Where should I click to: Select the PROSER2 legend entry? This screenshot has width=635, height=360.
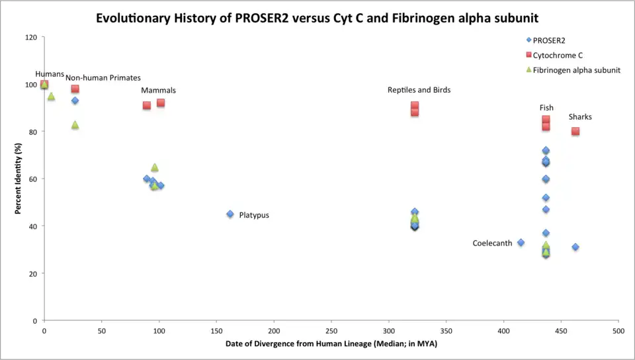coord(549,40)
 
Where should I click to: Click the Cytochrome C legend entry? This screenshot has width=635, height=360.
coord(558,55)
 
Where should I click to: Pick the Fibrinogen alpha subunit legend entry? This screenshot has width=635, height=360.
coord(576,69)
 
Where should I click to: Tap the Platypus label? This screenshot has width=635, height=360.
coord(254,215)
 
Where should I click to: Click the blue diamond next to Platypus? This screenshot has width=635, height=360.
coord(230,214)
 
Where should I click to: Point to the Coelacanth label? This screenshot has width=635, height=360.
coord(492,244)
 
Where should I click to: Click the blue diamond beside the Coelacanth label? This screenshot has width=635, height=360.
coord(521,243)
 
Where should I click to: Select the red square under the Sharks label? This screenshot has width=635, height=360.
coord(575,131)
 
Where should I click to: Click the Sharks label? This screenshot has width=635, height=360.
coord(580,117)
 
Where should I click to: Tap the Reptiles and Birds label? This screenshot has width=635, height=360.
coord(419,90)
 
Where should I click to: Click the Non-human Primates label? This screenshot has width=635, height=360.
coord(103,78)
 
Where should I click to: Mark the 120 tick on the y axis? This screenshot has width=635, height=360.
coord(31,37)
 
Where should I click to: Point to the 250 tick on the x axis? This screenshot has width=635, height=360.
coord(331,329)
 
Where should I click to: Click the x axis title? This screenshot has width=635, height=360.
coord(331,344)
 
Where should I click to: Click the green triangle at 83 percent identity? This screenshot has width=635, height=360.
coord(75,124)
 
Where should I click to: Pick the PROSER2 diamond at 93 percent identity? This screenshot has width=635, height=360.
coord(75,101)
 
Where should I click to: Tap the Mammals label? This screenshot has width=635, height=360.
coord(158,91)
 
